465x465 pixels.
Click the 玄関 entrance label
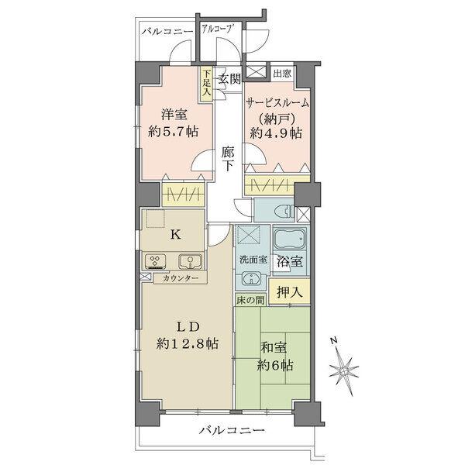click(229, 79)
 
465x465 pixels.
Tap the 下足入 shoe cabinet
click(206, 84)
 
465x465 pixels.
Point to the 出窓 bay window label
click(282, 73)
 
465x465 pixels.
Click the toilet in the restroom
click(284, 212)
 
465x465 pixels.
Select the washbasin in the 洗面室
click(251, 278)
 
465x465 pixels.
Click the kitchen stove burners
click(155, 261)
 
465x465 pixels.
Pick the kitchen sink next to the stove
click(190, 261)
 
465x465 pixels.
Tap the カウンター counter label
click(181, 278)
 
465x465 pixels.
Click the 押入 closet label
click(289, 292)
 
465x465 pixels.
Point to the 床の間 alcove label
click(250, 300)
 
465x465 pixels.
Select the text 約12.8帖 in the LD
click(187, 343)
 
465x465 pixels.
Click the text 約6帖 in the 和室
click(275, 365)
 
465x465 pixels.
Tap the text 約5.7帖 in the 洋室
click(173, 131)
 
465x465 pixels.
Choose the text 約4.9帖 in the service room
click(276, 133)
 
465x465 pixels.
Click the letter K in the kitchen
click(175, 235)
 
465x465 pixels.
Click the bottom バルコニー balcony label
click(231, 430)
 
